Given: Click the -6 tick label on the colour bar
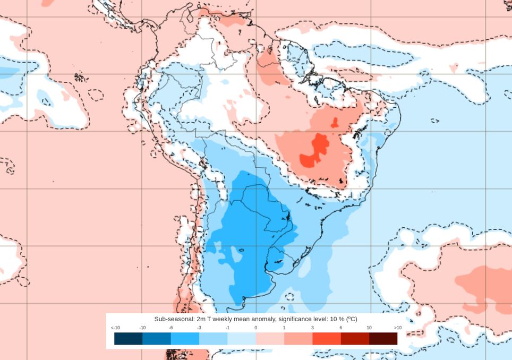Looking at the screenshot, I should click(x=171, y=328).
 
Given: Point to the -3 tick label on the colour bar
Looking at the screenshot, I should click(x=199, y=328).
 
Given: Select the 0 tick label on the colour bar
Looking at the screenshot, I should click(x=255, y=328).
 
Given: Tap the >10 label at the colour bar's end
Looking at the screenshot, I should click(x=397, y=328).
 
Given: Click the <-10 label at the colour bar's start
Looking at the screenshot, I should click(x=115, y=328).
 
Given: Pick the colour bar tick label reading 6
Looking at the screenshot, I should click(x=340, y=328).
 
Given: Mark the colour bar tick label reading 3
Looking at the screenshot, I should click(x=312, y=328).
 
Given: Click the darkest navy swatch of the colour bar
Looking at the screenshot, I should click(x=128, y=338).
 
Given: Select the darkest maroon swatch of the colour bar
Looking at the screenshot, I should click(x=383, y=338).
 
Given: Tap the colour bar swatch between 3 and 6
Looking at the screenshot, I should click(x=326, y=338).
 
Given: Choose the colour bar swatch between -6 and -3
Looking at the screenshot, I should click(x=185, y=338).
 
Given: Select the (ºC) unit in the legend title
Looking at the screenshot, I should click(x=351, y=319).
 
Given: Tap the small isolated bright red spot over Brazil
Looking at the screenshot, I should click(x=335, y=123).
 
